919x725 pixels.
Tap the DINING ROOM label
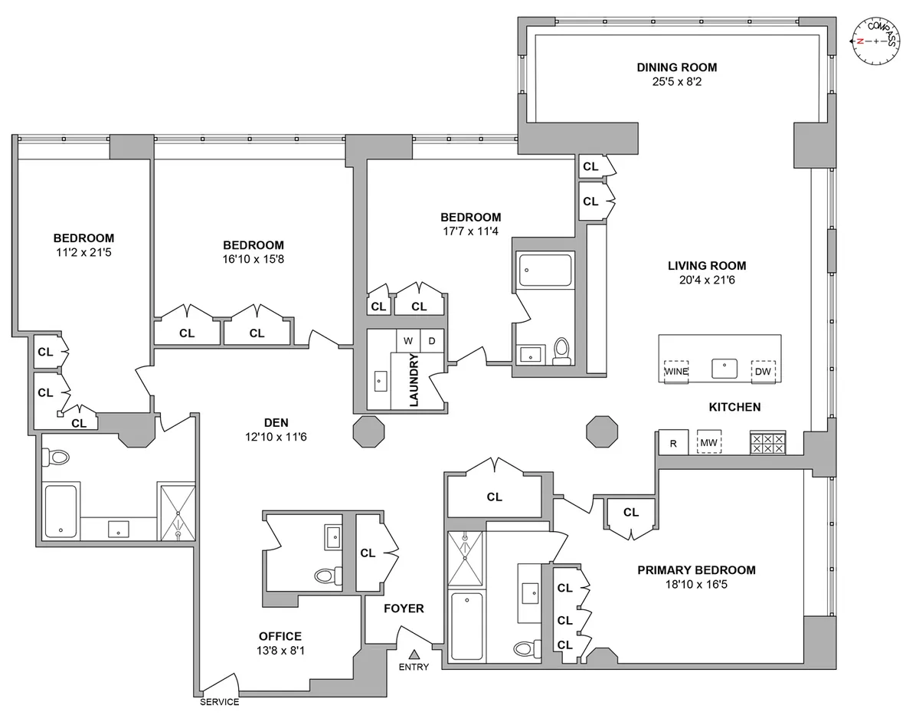[x=676, y=67]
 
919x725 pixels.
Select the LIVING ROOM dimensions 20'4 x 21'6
[x=706, y=280]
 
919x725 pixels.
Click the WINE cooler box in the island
[x=675, y=371]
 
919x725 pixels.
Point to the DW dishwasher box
[x=763, y=371]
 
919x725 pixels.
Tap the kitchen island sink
[x=724, y=369]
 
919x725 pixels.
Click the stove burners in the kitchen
[x=767, y=444]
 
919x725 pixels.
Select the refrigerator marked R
[x=673, y=443]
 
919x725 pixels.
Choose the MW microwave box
[x=708, y=443]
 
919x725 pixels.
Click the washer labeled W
[x=407, y=340]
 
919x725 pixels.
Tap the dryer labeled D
[x=431, y=340]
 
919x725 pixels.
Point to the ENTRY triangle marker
[x=414, y=654]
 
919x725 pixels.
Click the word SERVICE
[x=220, y=702]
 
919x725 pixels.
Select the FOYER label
[x=404, y=609]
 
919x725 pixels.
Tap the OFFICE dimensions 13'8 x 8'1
[x=280, y=651]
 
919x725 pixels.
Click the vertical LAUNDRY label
[x=414, y=379]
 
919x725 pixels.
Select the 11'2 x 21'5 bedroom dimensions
[x=83, y=251]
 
